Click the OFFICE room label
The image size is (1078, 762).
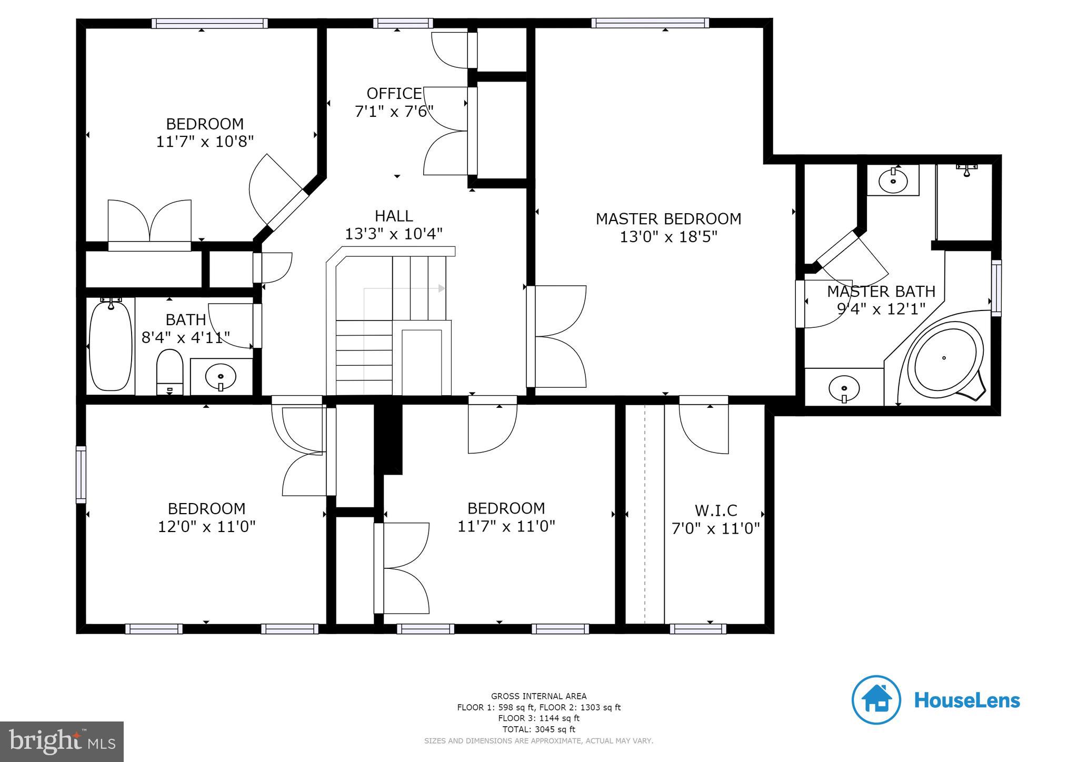tap(394, 94)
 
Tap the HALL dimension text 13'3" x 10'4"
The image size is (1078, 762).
tap(394, 234)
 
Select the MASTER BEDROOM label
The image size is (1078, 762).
tap(668, 219)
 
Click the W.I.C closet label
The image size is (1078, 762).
tap(716, 510)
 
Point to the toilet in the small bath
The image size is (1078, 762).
tap(169, 372)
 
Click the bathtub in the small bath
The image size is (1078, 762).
tap(111, 345)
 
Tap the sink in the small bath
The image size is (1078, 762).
tap(221, 377)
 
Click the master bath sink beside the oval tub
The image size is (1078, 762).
tap(844, 389)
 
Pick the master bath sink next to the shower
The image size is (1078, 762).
tap(893, 181)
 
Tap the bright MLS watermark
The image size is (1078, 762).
tap(62, 741)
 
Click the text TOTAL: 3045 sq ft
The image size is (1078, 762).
tap(538, 729)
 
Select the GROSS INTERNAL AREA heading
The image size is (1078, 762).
tap(538, 696)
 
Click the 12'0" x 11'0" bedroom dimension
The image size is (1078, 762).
tap(207, 527)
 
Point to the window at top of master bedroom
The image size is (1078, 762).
tap(650, 23)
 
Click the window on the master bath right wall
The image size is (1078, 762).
tap(996, 288)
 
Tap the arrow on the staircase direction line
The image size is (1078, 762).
tap(442, 288)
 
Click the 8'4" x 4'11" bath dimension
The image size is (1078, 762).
tap(186, 337)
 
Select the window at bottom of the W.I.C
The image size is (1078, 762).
tap(698, 628)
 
